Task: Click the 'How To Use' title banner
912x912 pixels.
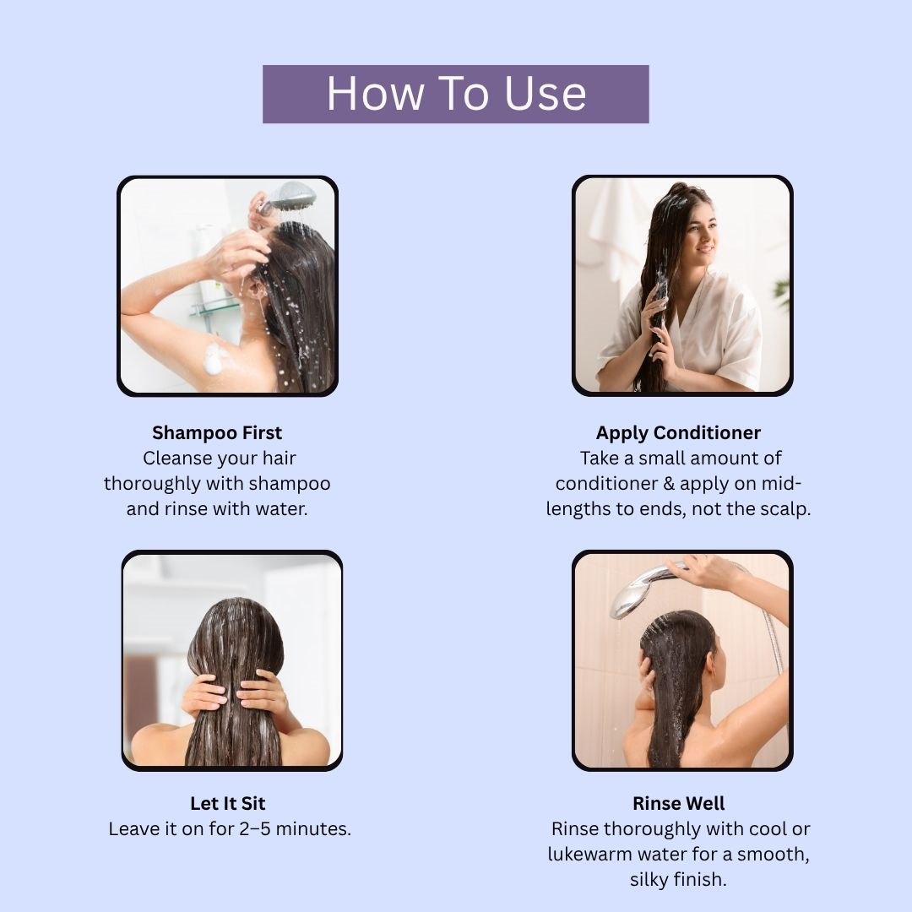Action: tap(455, 94)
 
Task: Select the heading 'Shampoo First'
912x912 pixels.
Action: tap(217, 432)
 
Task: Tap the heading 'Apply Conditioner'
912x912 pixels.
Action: tap(678, 432)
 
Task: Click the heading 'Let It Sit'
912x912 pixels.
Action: tap(227, 803)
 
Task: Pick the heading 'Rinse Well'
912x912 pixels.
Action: tap(678, 803)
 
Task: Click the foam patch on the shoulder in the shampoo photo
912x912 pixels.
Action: tap(214, 358)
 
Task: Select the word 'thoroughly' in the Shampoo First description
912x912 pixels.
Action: tap(152, 484)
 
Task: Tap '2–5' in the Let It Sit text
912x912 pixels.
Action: tap(255, 828)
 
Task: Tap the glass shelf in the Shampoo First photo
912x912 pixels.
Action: tap(213, 307)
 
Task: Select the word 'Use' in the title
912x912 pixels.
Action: tap(545, 93)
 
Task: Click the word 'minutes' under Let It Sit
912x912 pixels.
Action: tap(313, 828)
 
